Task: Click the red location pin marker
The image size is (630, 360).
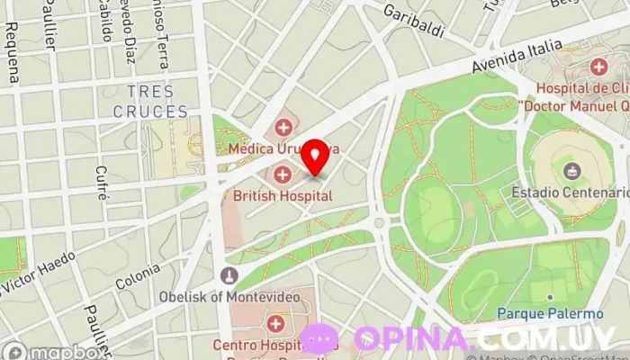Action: point(314,157)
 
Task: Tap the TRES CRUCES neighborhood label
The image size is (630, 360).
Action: point(150,102)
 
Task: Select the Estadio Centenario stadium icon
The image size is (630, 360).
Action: point(571,170)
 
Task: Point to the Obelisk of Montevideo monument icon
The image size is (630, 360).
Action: point(229,274)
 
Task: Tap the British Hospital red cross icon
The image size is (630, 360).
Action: point(283,174)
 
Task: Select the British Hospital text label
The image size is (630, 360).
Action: point(283,195)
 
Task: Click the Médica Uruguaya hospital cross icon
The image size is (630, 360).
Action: point(284,127)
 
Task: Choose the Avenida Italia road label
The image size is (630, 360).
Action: point(517,57)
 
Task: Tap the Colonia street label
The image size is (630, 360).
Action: point(138,276)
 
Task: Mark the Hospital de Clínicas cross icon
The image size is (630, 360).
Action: point(599,67)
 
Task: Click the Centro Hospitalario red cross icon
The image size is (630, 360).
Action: point(275,322)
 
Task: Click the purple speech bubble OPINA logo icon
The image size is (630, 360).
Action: point(319,339)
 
